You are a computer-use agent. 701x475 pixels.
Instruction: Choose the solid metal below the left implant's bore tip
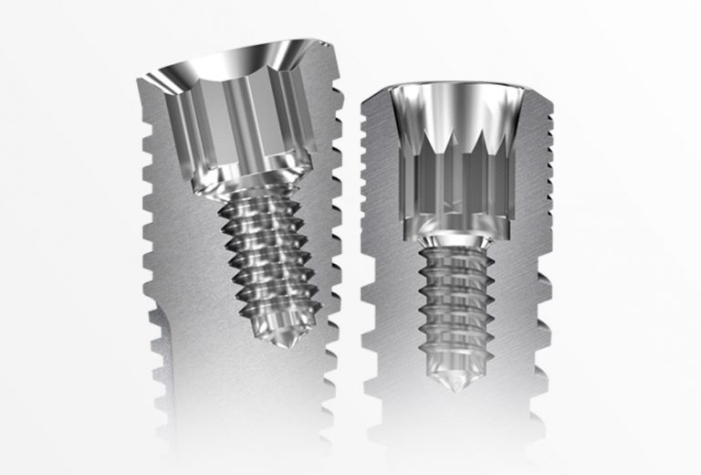tap(274, 402)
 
